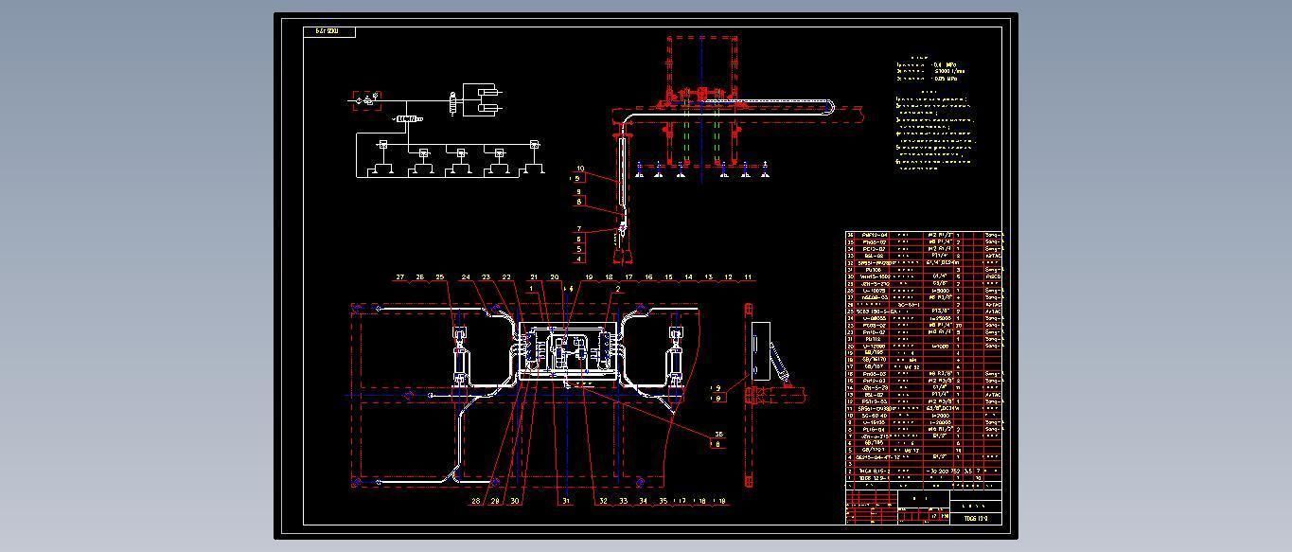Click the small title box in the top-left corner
click(329, 32)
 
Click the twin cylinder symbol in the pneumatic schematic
click(485, 100)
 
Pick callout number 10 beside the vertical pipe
click(580, 169)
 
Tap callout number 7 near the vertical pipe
click(579, 229)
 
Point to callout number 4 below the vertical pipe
click(579, 258)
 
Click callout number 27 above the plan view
click(400, 277)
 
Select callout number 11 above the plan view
click(748, 277)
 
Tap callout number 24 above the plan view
click(466, 277)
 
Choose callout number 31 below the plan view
click(565, 501)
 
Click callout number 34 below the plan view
click(644, 501)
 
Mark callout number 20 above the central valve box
click(555, 277)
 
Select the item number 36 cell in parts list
click(850, 235)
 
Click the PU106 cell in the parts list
click(874, 270)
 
